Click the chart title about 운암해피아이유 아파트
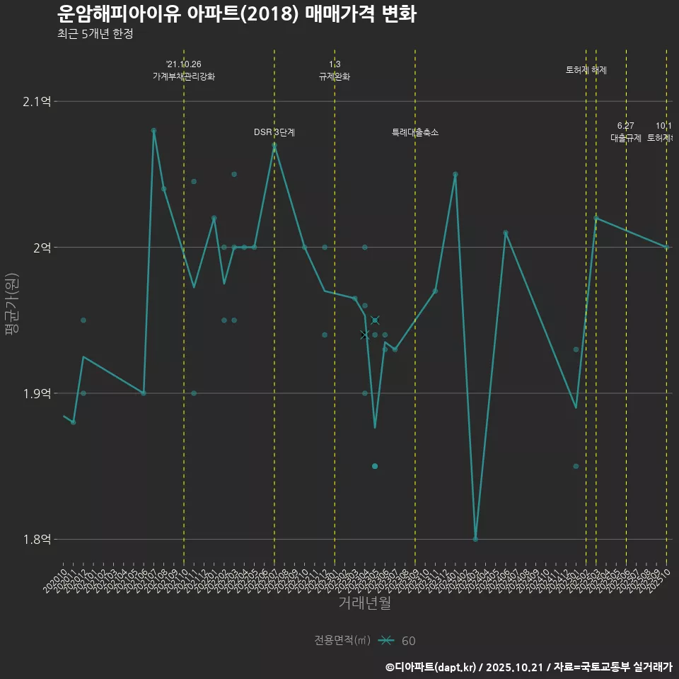pos(236,13)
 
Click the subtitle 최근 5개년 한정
pos(95,34)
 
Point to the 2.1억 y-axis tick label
pos(37,102)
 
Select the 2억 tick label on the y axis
pos(42,248)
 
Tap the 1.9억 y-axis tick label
pos(37,393)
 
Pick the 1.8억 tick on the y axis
pos(37,540)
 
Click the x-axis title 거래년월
pos(364,603)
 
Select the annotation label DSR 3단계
pos(274,132)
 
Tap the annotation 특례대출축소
pos(415,132)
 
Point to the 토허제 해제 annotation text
pos(586,70)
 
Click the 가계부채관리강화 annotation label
pos(184,76)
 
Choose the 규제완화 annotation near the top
pos(335,76)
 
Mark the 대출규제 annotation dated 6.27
pos(626,138)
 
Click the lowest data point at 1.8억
pos(475,539)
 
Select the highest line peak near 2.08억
pos(153,131)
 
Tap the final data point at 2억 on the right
pos(666,247)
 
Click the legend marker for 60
pos(386,641)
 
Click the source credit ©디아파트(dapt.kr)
pos(431,667)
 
